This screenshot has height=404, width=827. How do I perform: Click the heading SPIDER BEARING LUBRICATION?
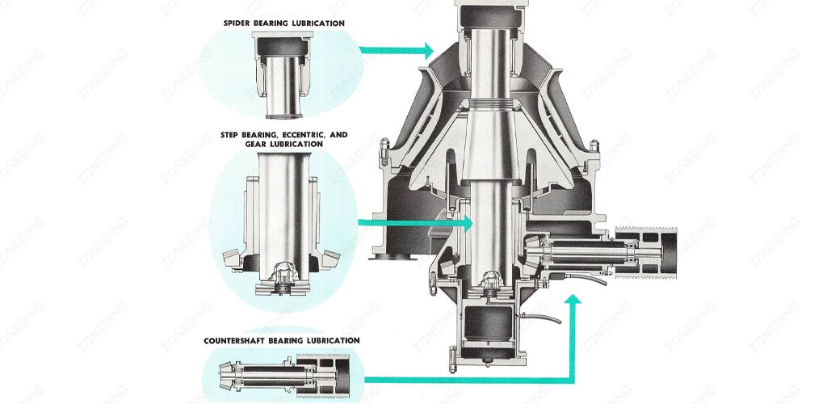283,23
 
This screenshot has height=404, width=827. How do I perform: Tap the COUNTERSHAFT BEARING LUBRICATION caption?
282,340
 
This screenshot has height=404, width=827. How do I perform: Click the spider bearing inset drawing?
283,73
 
